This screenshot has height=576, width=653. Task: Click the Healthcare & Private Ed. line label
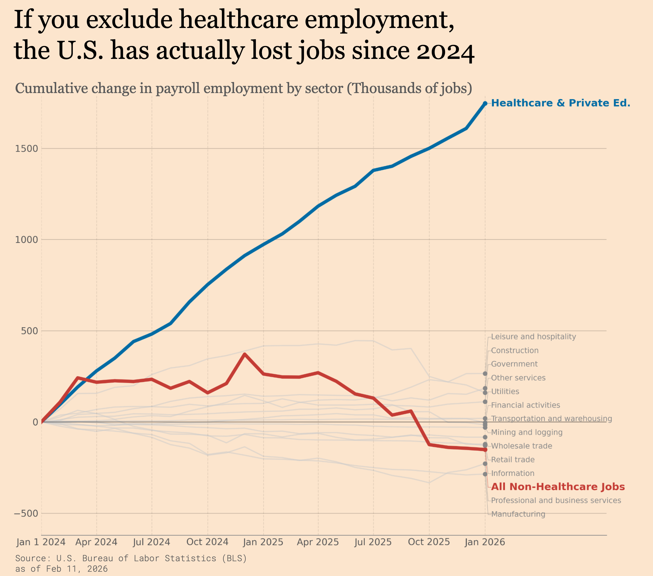tap(560, 103)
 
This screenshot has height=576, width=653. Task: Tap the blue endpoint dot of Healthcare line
tap(485, 104)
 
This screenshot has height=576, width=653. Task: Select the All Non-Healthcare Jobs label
tap(558, 487)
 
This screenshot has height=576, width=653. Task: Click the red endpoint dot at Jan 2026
tap(485, 450)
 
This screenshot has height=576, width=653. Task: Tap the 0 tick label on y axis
tap(35, 422)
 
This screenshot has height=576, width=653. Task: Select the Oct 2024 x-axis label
tap(207, 542)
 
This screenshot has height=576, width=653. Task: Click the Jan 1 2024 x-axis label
tap(41, 542)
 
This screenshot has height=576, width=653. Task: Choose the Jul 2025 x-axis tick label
tap(373, 542)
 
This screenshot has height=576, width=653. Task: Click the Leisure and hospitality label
tap(533, 337)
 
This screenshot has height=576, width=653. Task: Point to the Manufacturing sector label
tap(518, 514)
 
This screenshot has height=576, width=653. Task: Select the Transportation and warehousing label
tap(551, 419)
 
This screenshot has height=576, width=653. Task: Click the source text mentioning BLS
tap(131, 559)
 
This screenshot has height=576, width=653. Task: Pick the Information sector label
tap(512, 473)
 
